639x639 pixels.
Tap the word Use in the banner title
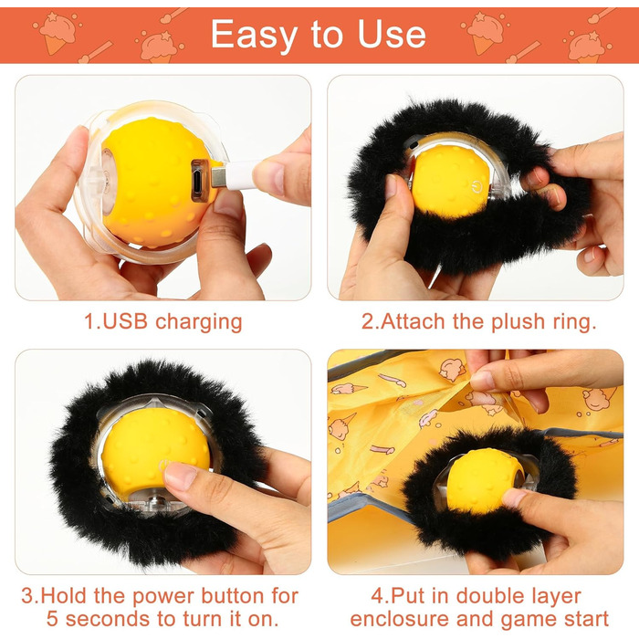[392, 34]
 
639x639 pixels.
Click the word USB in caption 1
[125, 321]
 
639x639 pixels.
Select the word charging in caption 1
[199, 323]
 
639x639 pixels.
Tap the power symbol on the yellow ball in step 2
[476, 187]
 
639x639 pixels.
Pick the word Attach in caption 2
[413, 321]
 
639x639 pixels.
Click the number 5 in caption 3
[53, 619]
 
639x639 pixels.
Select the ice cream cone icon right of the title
[485, 34]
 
